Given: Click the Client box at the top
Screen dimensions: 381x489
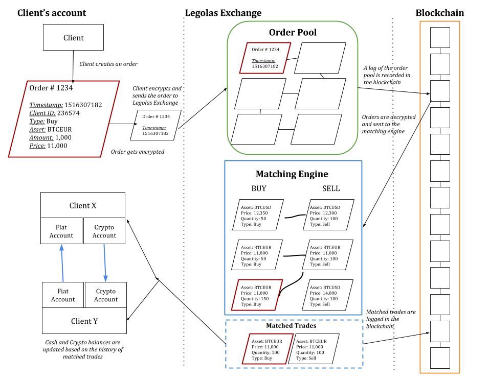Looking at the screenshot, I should pos(73,38).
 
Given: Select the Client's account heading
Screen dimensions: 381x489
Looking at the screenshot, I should pos(52,13).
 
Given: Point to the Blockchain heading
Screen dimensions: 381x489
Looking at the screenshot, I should pos(439,13).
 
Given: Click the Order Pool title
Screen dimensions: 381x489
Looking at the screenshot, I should pos(293,33).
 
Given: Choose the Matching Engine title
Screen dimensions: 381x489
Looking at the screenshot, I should pos(292,174).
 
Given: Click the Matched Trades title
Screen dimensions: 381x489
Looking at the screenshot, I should pos(291,325).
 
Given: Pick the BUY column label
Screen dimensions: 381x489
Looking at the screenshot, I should pos(259,188).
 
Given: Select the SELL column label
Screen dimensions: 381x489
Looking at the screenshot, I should pos(330,188).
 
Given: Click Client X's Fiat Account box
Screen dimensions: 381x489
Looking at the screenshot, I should pos(61,231).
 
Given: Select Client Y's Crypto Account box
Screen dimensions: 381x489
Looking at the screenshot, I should pos(105,295).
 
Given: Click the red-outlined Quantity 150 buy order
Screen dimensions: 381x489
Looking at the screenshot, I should pos(258,295).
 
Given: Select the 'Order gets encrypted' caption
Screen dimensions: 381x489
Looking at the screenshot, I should pos(138,152).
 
